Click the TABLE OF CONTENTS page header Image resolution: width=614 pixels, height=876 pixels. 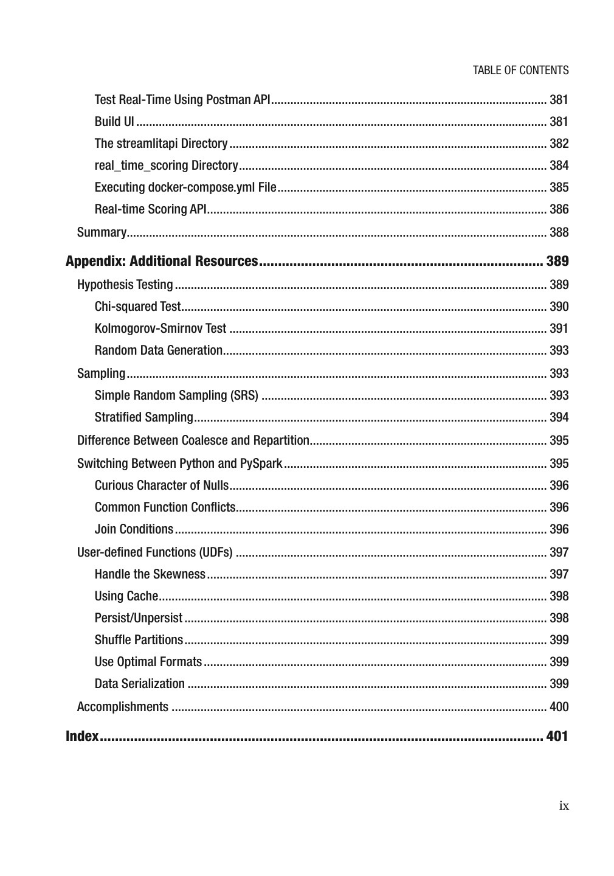(x=520, y=70)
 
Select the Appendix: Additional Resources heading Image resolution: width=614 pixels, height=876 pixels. (x=162, y=261)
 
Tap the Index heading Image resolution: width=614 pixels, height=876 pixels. (x=82, y=736)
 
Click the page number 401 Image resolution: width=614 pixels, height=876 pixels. (x=557, y=736)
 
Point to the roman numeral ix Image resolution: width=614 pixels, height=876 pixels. (x=564, y=806)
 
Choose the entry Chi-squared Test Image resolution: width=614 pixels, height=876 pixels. (x=137, y=307)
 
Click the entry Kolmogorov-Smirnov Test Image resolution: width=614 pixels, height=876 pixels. (x=160, y=328)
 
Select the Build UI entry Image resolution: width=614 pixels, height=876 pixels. (x=114, y=122)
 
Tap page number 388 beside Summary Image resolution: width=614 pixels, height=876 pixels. (x=559, y=232)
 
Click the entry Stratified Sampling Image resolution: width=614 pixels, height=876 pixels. (x=143, y=417)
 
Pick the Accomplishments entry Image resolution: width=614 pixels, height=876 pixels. (x=123, y=707)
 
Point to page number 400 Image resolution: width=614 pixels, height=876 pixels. (x=559, y=707)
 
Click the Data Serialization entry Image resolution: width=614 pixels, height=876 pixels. (x=140, y=684)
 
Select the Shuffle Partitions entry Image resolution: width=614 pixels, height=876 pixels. (x=139, y=640)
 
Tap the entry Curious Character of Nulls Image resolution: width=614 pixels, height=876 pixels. (x=162, y=485)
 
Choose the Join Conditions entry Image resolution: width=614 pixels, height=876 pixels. (x=134, y=529)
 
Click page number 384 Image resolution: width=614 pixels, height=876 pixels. (x=559, y=165)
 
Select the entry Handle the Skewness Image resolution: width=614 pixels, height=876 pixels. (x=150, y=574)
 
